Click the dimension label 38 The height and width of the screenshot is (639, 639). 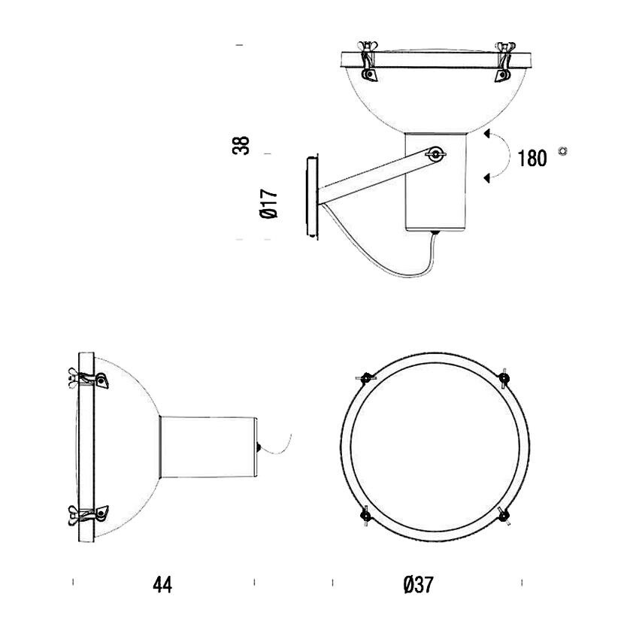pos(241,145)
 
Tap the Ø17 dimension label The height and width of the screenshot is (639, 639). pos(269,203)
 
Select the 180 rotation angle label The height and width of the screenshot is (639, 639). pos(532,159)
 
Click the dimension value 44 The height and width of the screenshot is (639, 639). pos(162,585)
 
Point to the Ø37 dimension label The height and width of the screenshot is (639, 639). pos(419,585)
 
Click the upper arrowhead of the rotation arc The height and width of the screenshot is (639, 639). pos(487,136)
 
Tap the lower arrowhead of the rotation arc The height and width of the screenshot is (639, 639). pos(487,177)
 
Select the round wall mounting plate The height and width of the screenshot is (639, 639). pos(311,197)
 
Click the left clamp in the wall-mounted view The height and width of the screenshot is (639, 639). pos(369,63)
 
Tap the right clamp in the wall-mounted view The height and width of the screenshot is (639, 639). pos(502,63)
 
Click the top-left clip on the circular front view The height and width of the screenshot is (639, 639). pos(366,377)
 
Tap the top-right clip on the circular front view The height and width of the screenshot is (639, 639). pos(504,377)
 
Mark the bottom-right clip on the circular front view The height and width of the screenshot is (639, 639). pos(505,515)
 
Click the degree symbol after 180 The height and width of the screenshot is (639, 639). pos(563,151)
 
